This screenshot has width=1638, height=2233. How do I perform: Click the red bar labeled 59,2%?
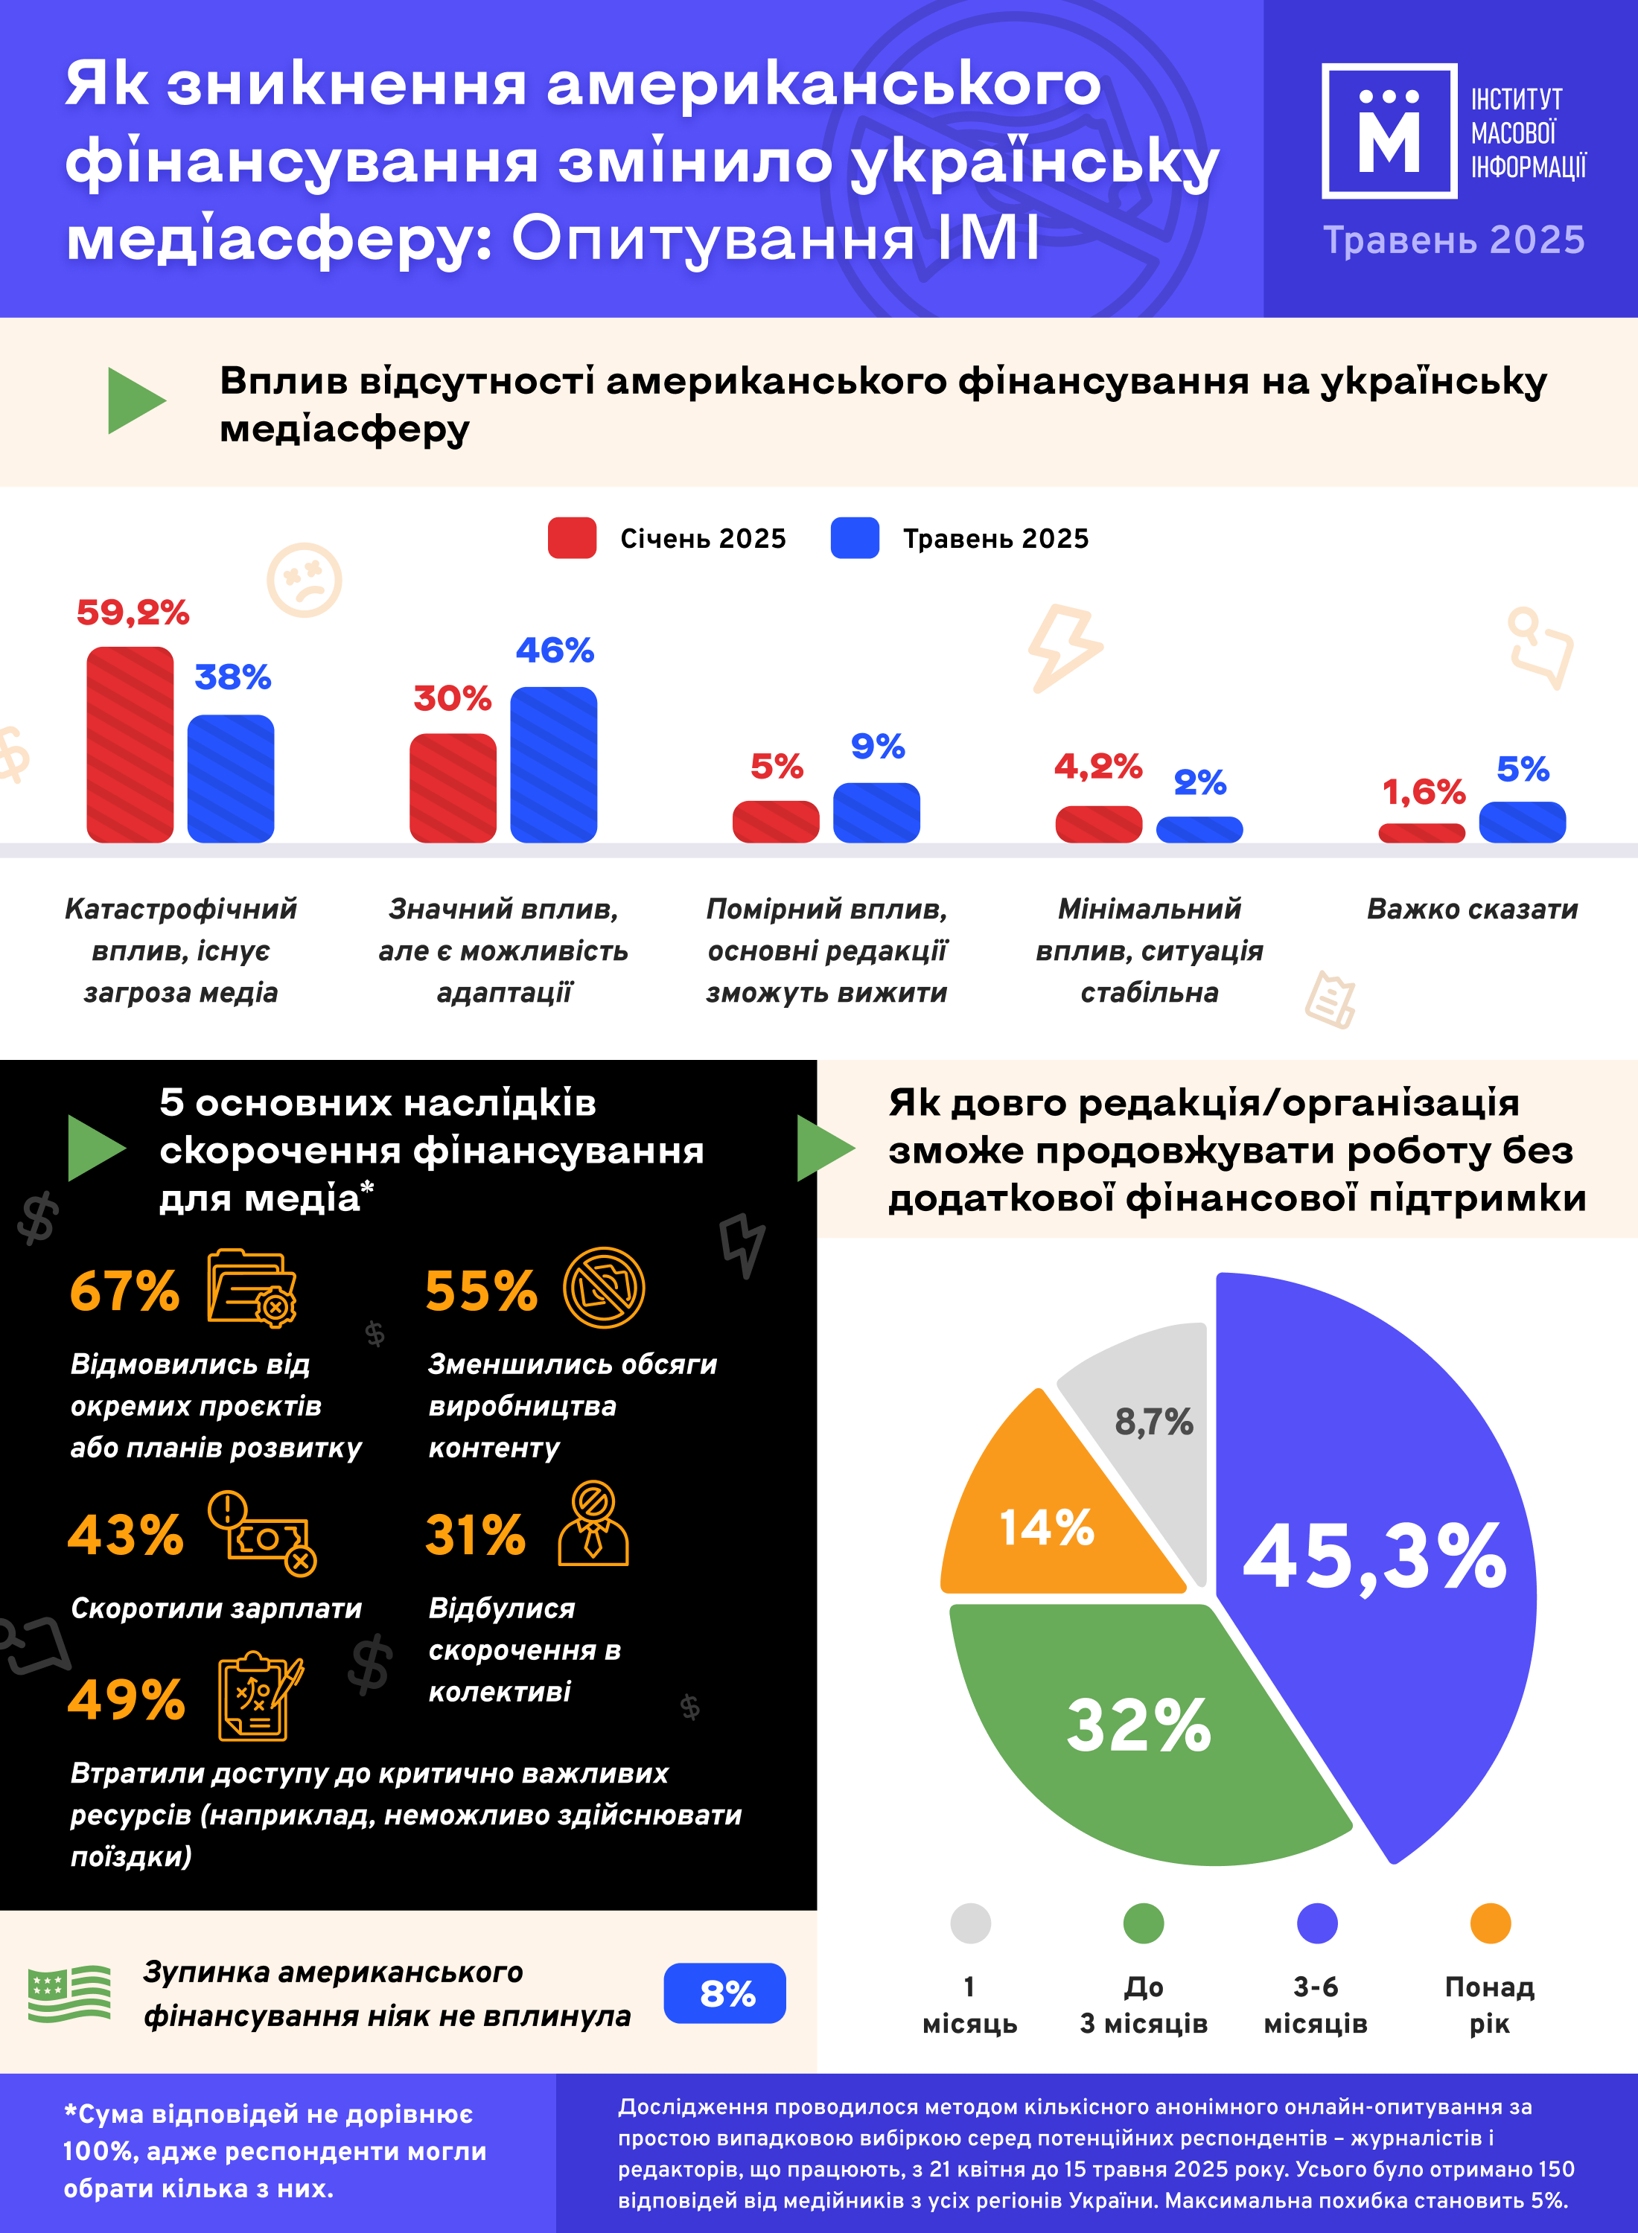click(130, 744)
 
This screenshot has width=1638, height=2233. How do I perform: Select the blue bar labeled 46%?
click(553, 764)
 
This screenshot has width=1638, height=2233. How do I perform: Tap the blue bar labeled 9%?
click(876, 813)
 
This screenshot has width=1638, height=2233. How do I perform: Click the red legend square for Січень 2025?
click(572, 538)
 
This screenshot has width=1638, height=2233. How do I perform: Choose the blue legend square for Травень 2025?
click(855, 538)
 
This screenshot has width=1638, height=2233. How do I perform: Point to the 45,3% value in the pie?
click(1374, 1557)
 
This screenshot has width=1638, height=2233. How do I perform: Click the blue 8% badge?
click(724, 1993)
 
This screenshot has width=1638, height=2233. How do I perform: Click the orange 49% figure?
click(126, 1700)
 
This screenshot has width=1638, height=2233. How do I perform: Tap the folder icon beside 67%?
click(252, 1288)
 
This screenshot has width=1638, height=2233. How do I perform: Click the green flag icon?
click(69, 1993)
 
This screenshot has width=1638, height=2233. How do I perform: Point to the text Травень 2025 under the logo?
click(1453, 240)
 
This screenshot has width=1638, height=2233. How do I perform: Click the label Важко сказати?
click(1473, 909)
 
